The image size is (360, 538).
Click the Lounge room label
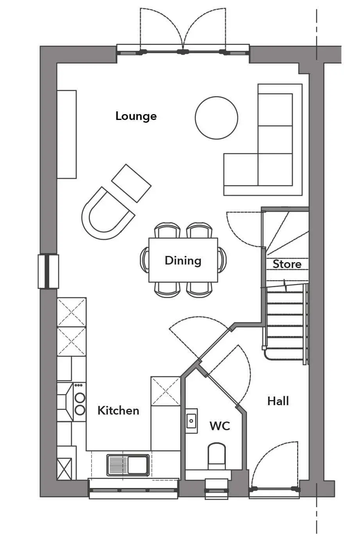136,116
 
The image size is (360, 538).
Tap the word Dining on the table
183,261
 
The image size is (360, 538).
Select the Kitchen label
118,411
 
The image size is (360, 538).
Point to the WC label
220,426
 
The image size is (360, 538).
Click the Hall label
278,401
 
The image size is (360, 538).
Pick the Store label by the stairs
287,264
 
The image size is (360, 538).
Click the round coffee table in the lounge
216,118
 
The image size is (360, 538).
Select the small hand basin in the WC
192,421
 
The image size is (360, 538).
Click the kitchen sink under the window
128,465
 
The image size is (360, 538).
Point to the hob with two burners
80,403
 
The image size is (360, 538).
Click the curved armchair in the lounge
107,213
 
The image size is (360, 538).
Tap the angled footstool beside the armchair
131,183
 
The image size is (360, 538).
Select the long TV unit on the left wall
66,134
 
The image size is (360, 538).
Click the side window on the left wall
48,272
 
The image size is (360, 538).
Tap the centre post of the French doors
183,51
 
